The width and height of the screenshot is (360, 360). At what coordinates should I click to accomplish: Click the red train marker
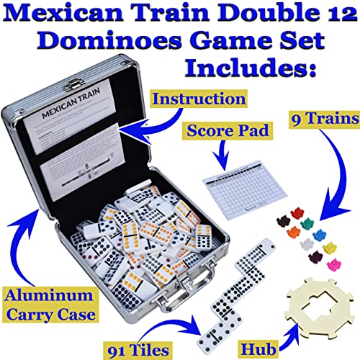[297, 213]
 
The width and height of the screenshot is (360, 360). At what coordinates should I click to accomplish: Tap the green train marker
[307, 224]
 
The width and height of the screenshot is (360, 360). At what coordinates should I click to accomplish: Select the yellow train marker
[330, 248]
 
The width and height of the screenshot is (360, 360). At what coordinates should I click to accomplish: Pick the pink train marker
[334, 265]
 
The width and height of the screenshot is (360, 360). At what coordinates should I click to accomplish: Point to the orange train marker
[294, 232]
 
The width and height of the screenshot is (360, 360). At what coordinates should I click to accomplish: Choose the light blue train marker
[319, 235]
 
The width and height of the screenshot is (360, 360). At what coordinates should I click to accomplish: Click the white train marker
[307, 244]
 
